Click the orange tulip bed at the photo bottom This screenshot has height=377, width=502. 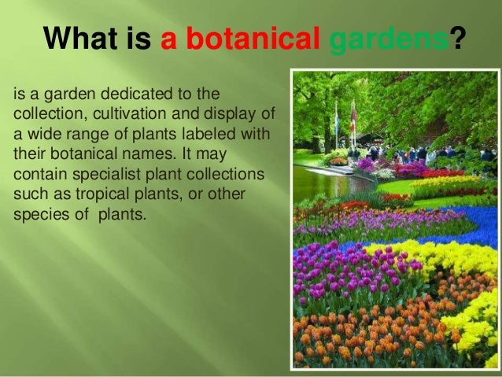pyautogui.click(x=362, y=338)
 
